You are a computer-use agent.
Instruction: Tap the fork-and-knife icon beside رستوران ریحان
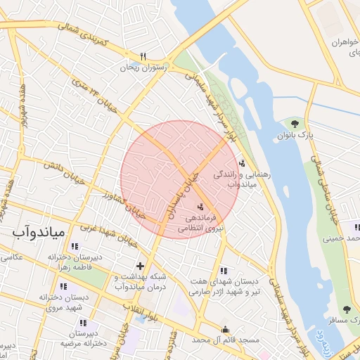[x=143, y=57]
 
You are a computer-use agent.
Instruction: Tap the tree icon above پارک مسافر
[x=347, y=309]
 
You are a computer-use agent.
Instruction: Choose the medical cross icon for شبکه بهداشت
[x=141, y=266]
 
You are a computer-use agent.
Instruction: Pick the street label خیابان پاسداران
[x=178, y=198]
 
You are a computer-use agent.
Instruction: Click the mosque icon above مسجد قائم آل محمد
[x=225, y=329]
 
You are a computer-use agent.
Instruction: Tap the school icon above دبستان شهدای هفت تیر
[x=224, y=271]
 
